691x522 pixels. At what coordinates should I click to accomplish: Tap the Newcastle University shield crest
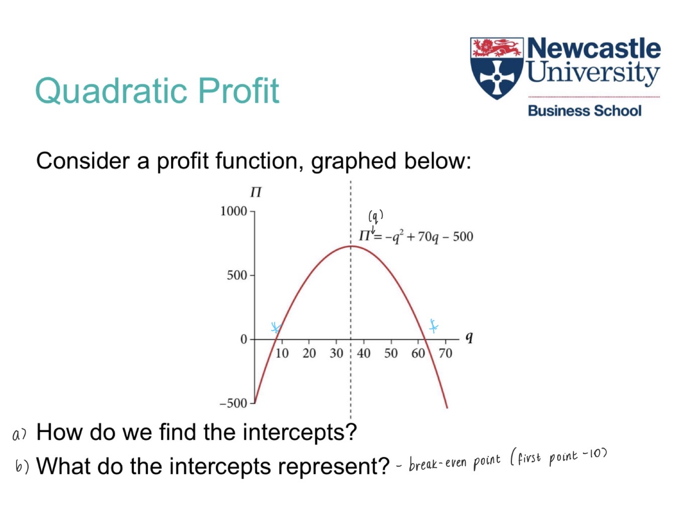coord(497,68)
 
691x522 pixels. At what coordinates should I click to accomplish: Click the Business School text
coord(584,111)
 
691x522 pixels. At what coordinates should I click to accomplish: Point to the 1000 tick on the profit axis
coord(234,211)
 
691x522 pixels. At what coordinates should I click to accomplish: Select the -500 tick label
coord(234,403)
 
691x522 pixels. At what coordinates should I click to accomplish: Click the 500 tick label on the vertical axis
coord(237,276)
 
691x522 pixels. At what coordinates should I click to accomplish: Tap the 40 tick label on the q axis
coord(364,354)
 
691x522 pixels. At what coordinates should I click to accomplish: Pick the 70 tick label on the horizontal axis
coord(445,354)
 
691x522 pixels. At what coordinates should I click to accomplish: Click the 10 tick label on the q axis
coord(282,354)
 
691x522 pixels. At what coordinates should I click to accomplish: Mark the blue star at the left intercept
coord(275,328)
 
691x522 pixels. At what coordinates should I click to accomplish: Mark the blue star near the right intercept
coord(433,326)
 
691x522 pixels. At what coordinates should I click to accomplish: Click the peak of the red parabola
coord(351,246)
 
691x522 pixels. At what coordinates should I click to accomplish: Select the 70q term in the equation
coord(427,237)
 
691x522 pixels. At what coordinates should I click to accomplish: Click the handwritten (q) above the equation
coord(376,216)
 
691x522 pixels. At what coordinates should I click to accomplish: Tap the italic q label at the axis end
coord(469,337)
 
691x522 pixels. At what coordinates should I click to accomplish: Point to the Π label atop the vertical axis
coord(256,193)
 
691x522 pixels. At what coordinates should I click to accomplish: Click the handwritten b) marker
coord(22,467)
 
